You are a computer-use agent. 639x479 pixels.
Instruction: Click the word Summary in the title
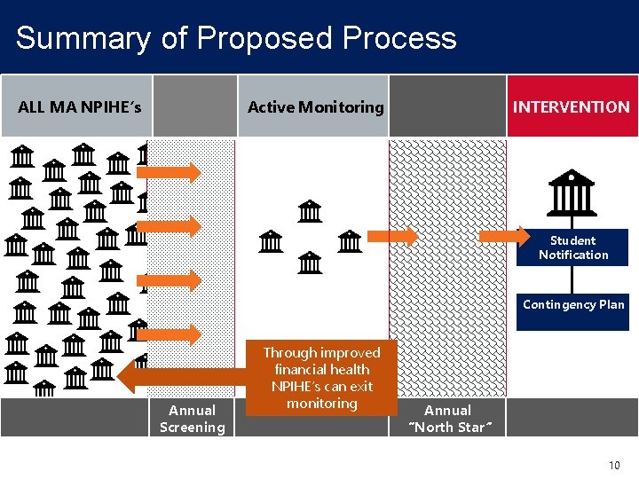83,38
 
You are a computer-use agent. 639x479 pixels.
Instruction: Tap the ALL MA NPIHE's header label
80,107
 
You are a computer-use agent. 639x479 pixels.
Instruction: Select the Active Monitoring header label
316,107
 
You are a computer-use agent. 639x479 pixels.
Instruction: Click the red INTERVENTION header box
572,107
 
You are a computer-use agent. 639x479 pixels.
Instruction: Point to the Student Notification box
573,247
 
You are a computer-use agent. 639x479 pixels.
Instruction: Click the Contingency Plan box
573,305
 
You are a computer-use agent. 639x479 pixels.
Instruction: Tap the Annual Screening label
193,419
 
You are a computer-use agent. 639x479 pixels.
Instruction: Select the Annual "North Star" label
447,419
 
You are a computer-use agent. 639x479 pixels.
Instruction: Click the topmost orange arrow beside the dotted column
172,171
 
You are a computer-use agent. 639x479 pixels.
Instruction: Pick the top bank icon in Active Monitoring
310,212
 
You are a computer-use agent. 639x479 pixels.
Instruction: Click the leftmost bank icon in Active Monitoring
271,240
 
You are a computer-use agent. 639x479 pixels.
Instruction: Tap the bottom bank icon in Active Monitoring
310,263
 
